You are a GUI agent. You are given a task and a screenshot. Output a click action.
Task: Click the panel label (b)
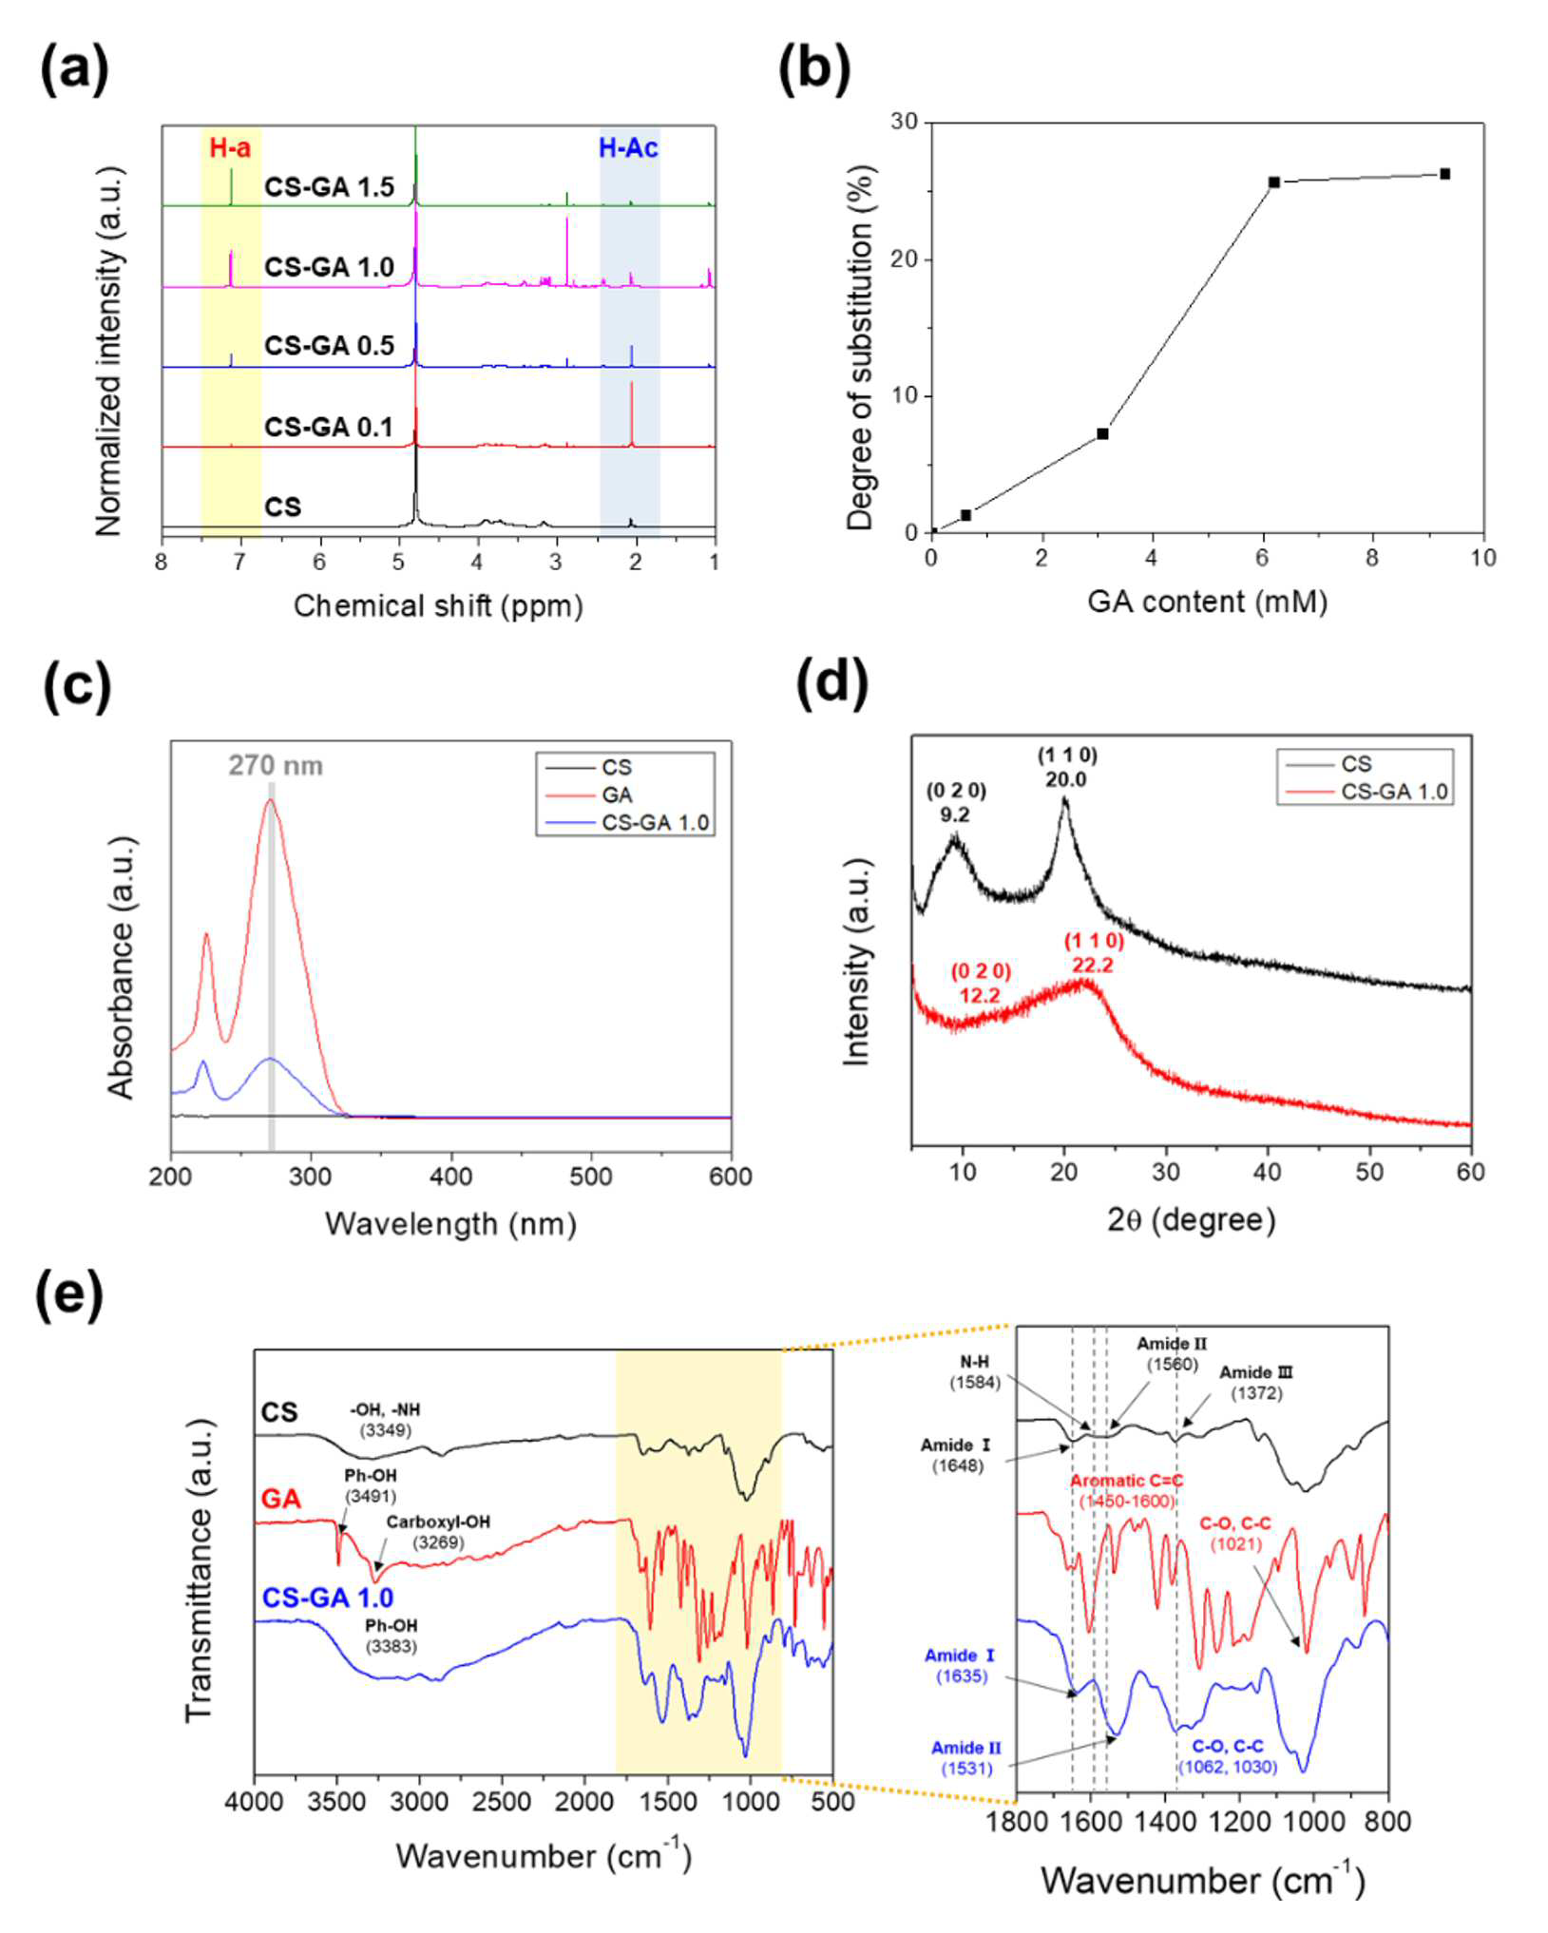click(813, 69)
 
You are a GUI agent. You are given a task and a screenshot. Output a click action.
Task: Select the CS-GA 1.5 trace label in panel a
click(329, 187)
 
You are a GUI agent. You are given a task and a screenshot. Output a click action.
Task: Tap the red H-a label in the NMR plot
click(230, 147)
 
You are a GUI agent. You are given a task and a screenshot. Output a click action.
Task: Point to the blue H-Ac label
click(628, 147)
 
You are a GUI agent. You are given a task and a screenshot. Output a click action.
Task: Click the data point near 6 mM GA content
click(1274, 182)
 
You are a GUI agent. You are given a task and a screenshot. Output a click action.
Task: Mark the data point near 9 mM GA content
click(1444, 174)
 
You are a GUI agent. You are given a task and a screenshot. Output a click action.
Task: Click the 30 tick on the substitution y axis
click(904, 122)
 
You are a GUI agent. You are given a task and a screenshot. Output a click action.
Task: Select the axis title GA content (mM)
click(1207, 602)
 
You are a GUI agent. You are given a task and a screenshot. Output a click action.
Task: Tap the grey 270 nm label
click(275, 765)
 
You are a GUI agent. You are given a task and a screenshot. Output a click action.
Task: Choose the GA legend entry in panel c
click(617, 794)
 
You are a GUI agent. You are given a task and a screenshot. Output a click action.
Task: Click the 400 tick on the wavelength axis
click(450, 1177)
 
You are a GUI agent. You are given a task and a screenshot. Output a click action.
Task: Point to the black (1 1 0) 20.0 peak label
click(1066, 767)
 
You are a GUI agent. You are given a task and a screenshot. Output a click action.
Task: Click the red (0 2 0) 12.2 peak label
click(981, 983)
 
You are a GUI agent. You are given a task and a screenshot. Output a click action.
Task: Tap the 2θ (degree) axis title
click(1191, 1220)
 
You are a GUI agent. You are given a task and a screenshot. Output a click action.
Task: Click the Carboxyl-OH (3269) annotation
click(438, 1531)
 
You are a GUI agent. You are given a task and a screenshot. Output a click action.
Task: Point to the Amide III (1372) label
click(1256, 1384)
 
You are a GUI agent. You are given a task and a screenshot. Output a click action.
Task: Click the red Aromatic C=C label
click(1126, 1482)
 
